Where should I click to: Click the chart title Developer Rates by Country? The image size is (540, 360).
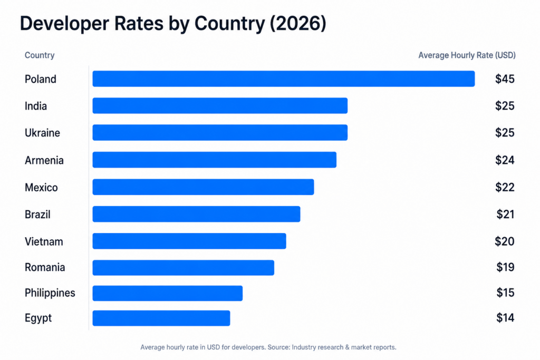(x=172, y=24)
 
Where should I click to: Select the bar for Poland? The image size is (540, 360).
(x=283, y=79)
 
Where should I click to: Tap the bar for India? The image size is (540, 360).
(x=220, y=106)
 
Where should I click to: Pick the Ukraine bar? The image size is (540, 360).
(x=220, y=133)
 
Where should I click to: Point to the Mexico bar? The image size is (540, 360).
(x=203, y=187)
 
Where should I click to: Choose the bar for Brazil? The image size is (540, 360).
(x=196, y=214)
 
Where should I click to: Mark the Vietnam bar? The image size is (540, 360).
(x=189, y=241)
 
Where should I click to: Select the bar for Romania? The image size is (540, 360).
(x=183, y=268)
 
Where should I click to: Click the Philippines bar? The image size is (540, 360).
(x=167, y=293)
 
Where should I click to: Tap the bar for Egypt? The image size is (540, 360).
(x=161, y=318)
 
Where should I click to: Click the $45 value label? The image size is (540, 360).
(x=505, y=79)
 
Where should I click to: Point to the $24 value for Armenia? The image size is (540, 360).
(x=505, y=160)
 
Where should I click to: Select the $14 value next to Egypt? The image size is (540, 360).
(x=505, y=318)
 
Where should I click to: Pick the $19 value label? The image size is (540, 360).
(x=505, y=268)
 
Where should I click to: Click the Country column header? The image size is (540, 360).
(x=40, y=55)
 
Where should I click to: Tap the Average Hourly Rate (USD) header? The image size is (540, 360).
(x=467, y=55)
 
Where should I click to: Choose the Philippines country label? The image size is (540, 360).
(x=50, y=293)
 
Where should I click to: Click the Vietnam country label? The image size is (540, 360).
(x=44, y=242)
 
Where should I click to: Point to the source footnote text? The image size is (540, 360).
(x=268, y=347)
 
